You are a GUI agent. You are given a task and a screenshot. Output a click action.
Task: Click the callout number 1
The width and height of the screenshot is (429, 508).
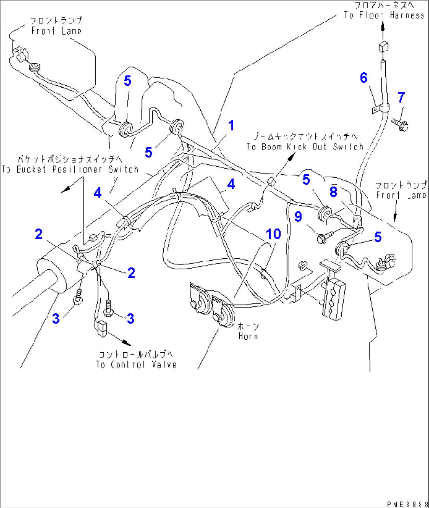click(231, 125)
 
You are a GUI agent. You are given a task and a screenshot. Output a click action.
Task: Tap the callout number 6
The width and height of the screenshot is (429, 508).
click(364, 78)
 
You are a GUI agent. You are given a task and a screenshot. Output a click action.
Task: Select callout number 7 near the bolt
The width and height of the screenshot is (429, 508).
click(401, 97)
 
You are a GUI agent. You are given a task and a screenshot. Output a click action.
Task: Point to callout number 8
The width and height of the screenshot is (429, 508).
click(333, 192)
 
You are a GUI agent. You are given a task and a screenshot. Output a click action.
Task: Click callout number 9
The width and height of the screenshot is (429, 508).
click(298, 216)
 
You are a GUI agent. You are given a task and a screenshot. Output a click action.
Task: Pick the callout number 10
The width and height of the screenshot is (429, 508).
click(273, 234)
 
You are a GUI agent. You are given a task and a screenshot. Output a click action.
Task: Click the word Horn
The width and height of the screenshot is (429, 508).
click(248, 336)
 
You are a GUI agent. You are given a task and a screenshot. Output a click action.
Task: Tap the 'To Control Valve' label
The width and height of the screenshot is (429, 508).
click(136, 364)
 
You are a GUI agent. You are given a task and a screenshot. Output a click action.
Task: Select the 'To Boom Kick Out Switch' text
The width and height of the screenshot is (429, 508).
click(305, 147)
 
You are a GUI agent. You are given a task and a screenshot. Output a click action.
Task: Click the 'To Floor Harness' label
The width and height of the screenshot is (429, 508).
click(384, 15)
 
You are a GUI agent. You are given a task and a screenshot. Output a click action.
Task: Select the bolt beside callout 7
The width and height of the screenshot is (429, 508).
click(400, 125)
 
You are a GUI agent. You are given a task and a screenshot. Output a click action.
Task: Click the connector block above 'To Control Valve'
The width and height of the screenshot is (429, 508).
click(102, 328)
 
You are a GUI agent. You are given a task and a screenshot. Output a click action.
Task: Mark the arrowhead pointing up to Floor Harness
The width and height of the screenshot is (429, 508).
click(383, 26)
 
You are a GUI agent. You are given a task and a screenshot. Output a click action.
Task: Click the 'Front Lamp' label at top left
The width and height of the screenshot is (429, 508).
click(56, 26)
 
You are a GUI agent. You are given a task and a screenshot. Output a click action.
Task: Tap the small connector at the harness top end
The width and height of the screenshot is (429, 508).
click(383, 46)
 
